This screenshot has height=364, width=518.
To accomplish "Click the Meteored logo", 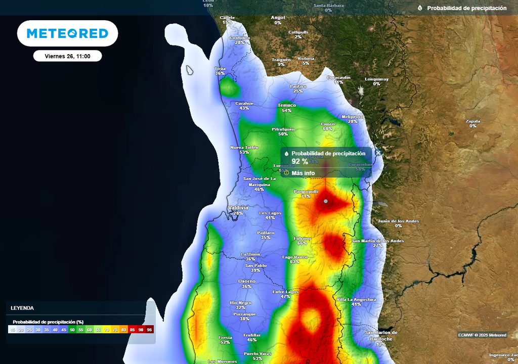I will (67, 33).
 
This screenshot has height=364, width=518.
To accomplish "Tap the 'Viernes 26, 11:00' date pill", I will (67, 56).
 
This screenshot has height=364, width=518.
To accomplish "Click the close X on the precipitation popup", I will (378, 152).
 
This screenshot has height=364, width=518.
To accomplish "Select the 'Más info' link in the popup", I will (303, 173).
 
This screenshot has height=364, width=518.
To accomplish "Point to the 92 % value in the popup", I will (299, 161).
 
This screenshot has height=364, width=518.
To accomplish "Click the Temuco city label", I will (287, 105).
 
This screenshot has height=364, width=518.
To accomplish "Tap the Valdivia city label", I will (238, 208).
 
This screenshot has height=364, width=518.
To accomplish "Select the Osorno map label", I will (246, 281).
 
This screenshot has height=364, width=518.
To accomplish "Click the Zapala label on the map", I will (473, 121).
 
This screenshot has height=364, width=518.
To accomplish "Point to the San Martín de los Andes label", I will (378, 241).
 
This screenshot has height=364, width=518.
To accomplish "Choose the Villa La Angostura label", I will (356, 299).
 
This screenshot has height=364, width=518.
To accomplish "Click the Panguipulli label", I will (306, 192).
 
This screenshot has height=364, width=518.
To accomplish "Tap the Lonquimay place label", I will (376, 79).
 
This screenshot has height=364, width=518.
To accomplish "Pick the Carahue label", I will (244, 104).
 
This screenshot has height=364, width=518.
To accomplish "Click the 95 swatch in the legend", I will (149, 330).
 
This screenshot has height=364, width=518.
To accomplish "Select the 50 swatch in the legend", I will (72, 330).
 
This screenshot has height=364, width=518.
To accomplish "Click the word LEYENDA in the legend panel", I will (22, 308).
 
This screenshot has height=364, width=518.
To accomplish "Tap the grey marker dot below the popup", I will (326, 201).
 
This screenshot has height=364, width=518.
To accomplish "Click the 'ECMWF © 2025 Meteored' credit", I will (482, 335).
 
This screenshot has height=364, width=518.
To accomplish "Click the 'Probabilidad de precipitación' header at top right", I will (466, 8).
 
